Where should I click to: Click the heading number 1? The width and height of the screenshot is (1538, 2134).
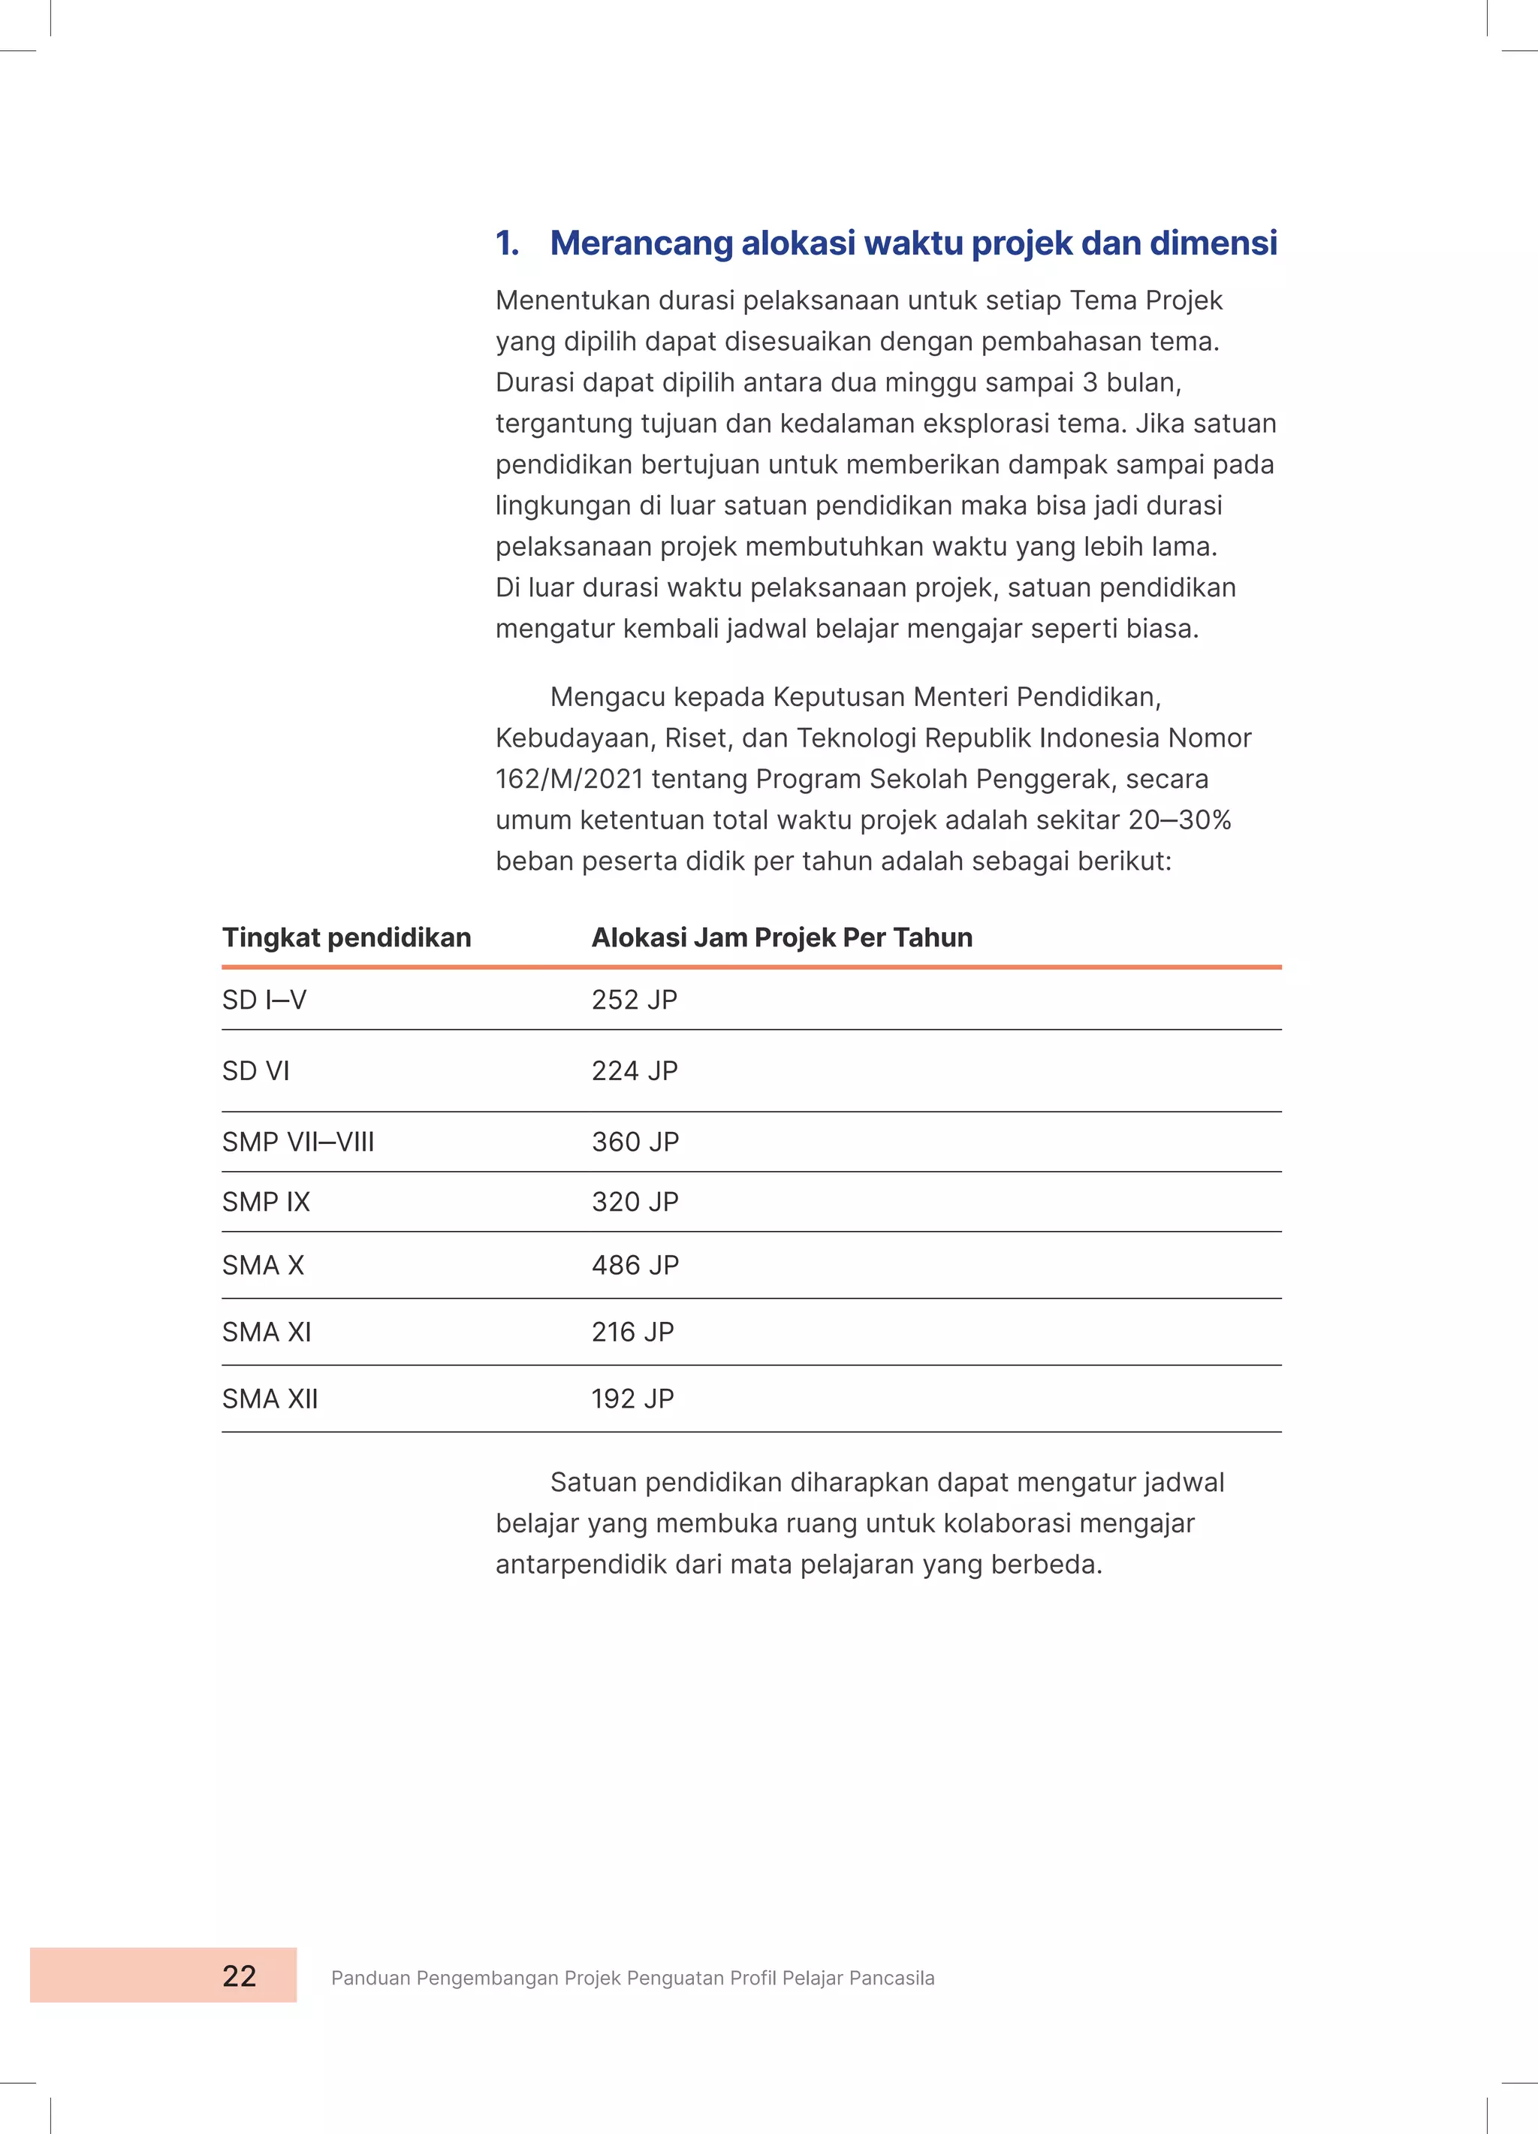506,243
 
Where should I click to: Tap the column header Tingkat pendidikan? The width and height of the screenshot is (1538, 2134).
346,937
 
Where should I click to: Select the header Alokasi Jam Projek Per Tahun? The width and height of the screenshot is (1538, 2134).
782,937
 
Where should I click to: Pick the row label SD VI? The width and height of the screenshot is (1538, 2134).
256,1071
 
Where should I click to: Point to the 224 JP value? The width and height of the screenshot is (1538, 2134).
634,1071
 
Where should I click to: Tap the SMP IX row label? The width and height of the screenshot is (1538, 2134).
266,1202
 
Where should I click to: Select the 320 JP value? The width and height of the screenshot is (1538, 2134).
635,1202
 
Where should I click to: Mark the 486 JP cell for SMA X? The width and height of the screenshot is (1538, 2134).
635,1265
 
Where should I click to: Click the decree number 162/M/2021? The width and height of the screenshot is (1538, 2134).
569,779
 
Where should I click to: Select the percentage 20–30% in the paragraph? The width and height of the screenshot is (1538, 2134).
1180,819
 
